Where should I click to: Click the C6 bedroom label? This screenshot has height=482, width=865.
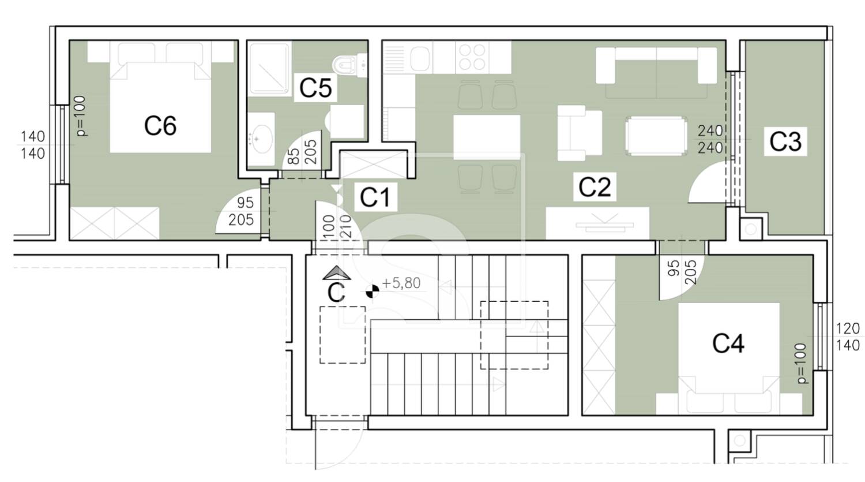coord(160,126)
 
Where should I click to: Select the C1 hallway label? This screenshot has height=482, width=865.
coord(375,197)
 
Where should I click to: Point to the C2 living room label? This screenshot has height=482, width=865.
coord(595,186)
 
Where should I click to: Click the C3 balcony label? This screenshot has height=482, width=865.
coord(785,141)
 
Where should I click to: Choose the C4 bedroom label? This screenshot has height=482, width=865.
coord(728,343)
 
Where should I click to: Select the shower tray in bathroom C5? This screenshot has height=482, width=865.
coord(269,70)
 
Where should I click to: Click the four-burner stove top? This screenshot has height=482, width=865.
coord(472,57)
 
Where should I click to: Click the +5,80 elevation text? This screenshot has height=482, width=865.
coord(401,283)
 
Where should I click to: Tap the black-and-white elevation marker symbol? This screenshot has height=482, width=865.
coord(372,291)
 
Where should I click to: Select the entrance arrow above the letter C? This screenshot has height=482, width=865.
coord(337,273)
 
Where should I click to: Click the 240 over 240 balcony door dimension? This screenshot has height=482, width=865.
coord(710,140)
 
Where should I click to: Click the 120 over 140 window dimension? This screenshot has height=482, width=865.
coord(848,337)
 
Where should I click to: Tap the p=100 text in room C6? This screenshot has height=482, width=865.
coord(82,117)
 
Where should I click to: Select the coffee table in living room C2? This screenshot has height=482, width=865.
coord(656,136)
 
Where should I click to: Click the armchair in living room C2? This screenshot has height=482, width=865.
coord(580,133)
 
